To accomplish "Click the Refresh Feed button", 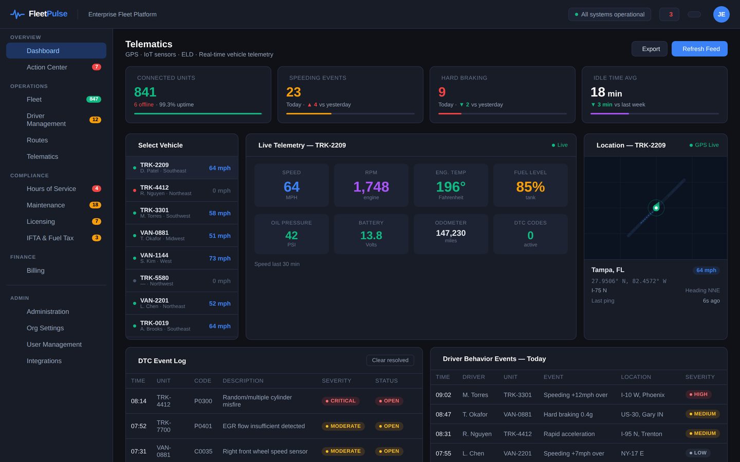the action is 699,49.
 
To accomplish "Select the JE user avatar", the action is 721,14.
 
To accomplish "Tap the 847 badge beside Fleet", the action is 94,99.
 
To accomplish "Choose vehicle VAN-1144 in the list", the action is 182,258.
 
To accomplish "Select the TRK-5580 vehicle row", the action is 182,280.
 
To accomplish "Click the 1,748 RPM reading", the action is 371,187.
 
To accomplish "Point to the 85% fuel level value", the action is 530,187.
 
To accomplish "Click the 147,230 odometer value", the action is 451,233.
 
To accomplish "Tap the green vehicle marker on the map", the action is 656,207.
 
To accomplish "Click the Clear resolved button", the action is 390,360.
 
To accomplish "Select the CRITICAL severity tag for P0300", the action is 340,400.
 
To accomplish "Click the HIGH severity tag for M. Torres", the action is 698,394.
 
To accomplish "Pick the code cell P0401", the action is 203,426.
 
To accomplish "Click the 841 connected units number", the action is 145,92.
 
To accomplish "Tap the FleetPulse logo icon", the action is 17,14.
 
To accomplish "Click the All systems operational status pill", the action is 609,14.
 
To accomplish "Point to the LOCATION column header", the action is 636,377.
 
